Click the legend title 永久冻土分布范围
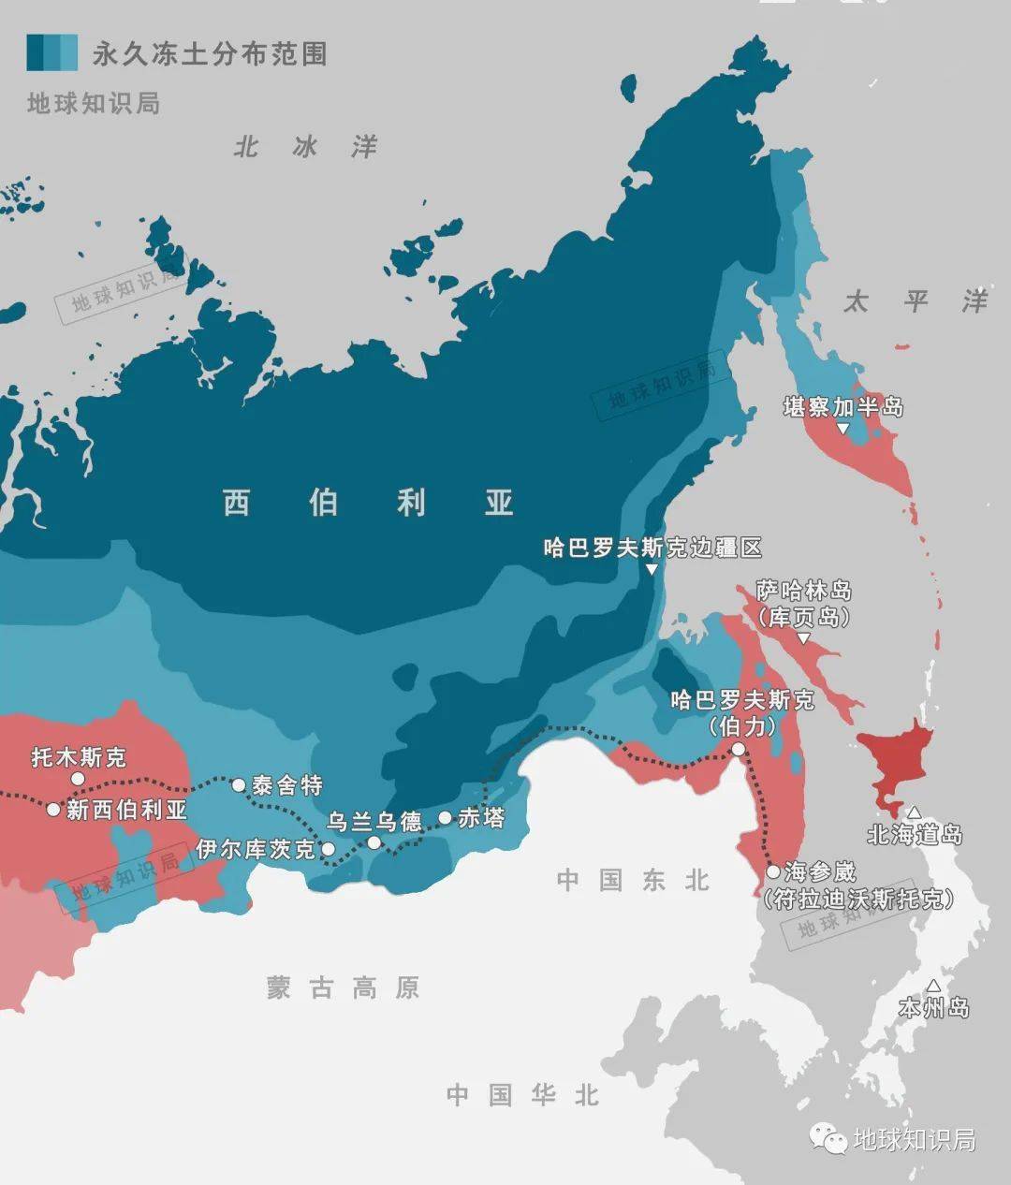pyautogui.click(x=209, y=54)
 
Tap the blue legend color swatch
pyautogui.click(x=51, y=53)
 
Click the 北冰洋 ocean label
pyautogui.click(x=305, y=147)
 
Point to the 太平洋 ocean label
pyautogui.click(x=916, y=301)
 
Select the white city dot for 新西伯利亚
pyautogui.click(x=53, y=809)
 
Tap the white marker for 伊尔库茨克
pyautogui.click(x=328, y=849)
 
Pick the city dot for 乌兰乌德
pyautogui.click(x=374, y=842)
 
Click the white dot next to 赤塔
pyautogui.click(x=445, y=818)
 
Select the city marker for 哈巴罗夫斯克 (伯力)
pyautogui.click(x=739, y=749)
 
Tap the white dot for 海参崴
pyautogui.click(x=772, y=871)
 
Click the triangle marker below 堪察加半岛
pyautogui.click(x=842, y=429)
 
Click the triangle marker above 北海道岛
pyautogui.click(x=914, y=812)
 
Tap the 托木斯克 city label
pyautogui.click(x=79, y=756)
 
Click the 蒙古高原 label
pyautogui.click(x=343, y=988)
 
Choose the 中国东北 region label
pyautogui.click(x=634, y=880)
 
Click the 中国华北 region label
pyautogui.click(x=522, y=1095)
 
